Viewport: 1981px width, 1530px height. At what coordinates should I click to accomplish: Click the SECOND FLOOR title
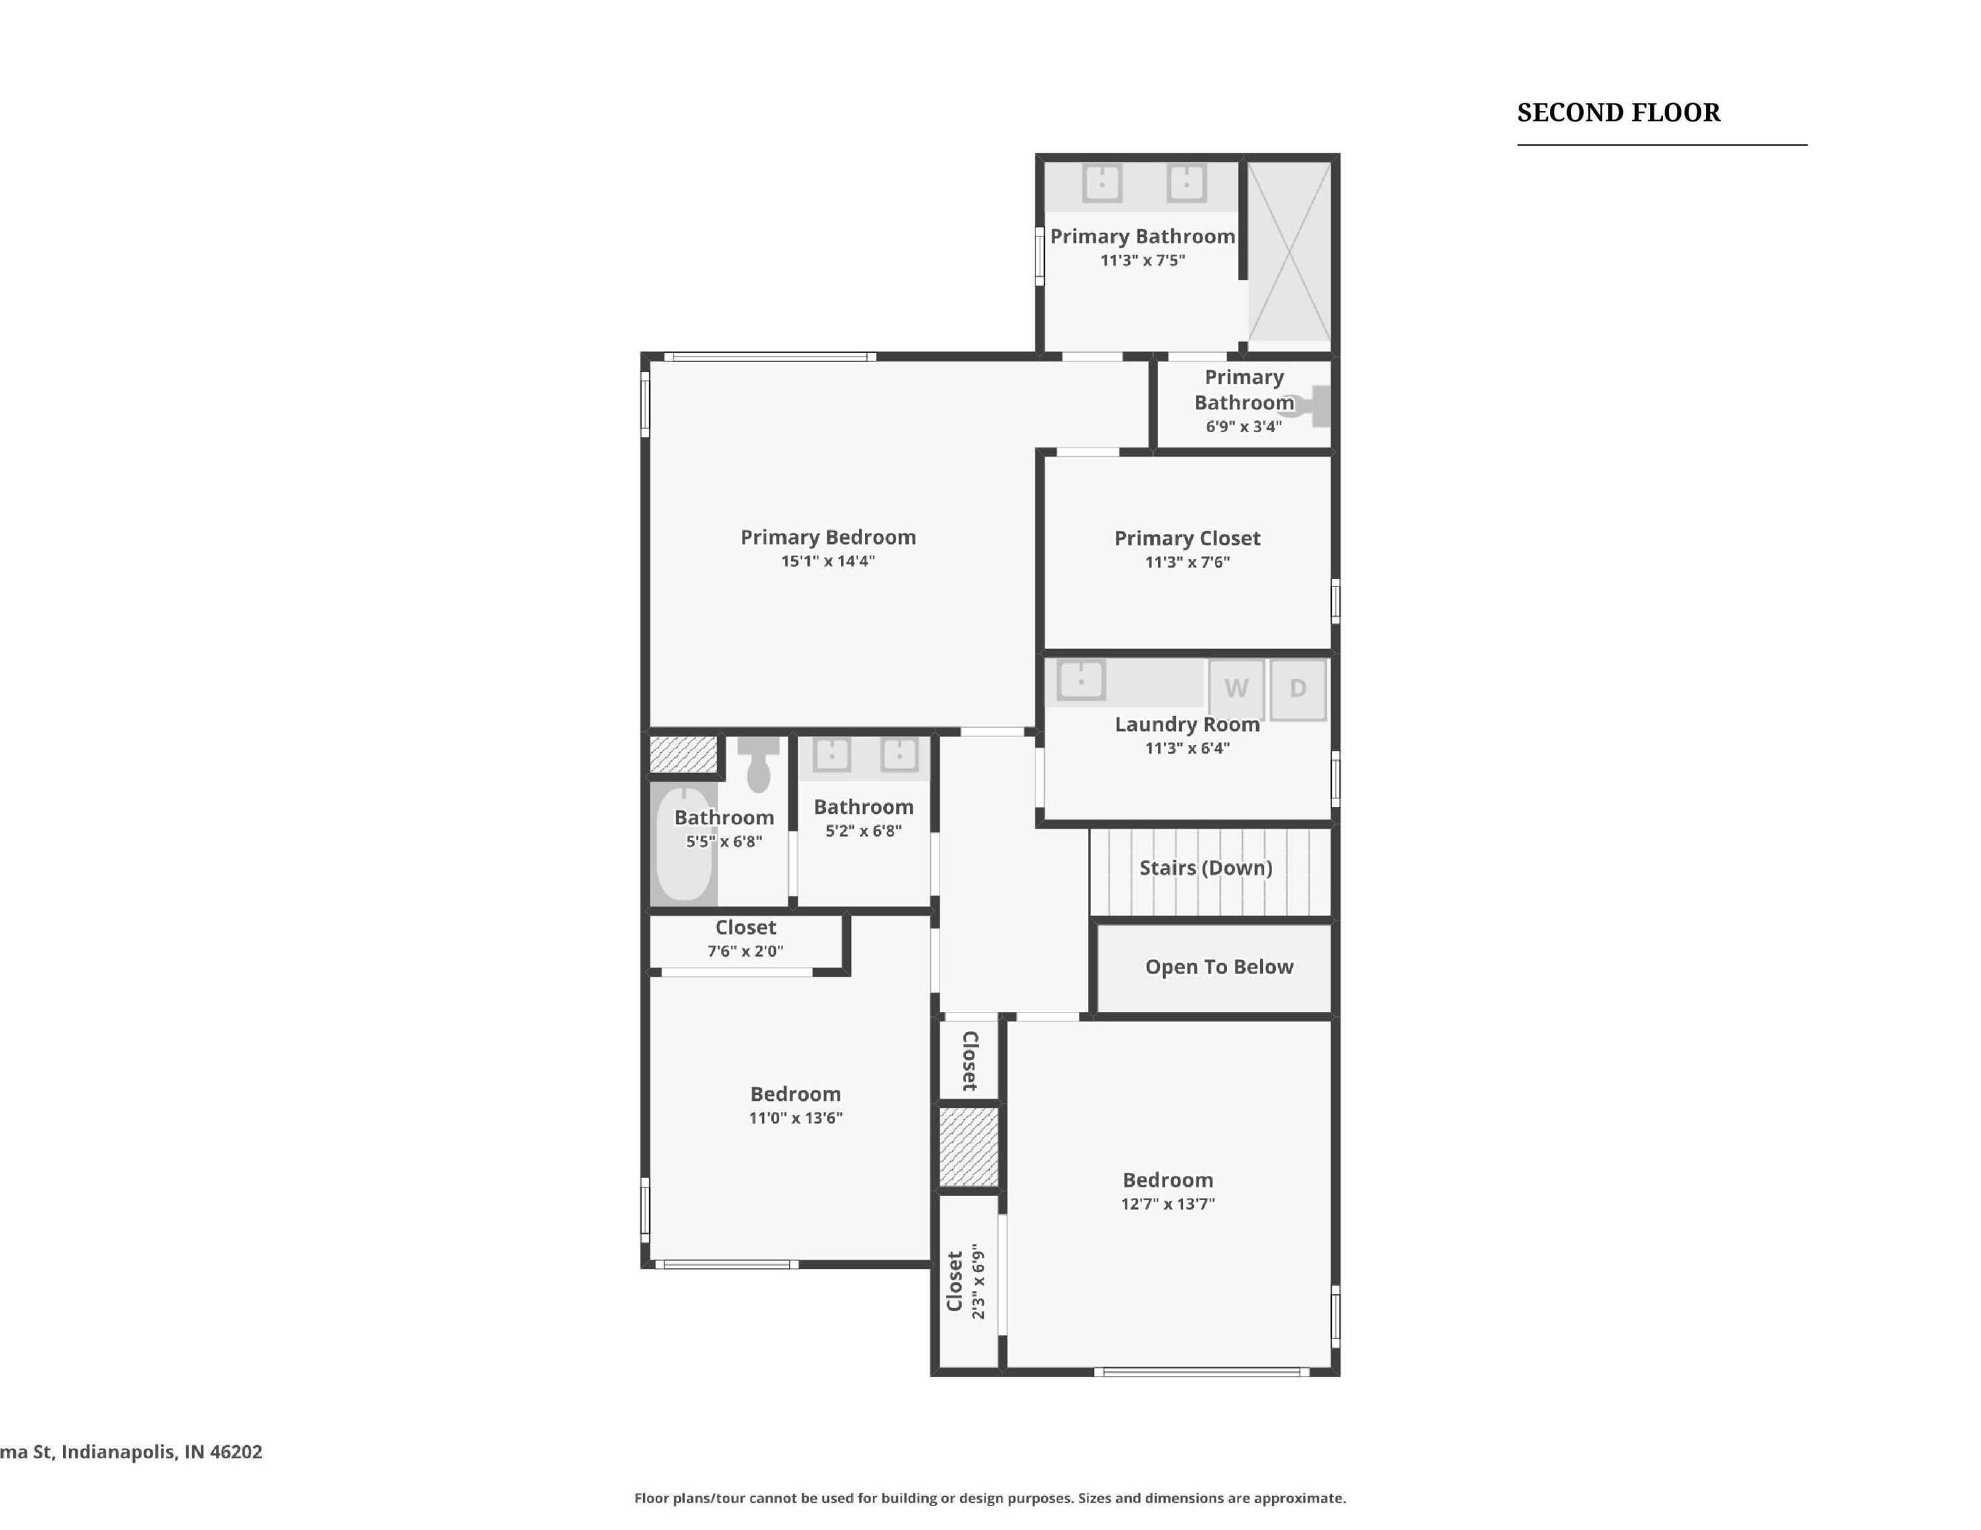click(1618, 112)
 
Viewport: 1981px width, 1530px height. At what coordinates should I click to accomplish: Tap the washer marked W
click(1236, 689)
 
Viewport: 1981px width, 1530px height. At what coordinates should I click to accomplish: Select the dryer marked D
click(1298, 689)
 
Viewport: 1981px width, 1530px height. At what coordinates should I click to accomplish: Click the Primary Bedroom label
click(828, 537)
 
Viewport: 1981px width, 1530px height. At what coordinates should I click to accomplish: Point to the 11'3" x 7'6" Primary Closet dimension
click(1187, 562)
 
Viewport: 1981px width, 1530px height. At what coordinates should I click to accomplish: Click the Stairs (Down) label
click(1206, 868)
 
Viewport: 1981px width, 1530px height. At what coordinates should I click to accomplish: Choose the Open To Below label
click(1219, 967)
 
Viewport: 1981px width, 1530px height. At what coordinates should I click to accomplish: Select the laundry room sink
click(1082, 680)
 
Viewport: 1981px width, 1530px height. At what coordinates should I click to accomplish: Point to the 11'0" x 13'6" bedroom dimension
click(795, 1118)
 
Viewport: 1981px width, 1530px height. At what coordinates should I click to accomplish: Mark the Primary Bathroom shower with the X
click(1289, 252)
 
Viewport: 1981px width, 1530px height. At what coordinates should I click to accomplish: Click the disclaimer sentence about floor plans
click(990, 1498)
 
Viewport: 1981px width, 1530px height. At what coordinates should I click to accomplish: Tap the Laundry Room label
click(1187, 724)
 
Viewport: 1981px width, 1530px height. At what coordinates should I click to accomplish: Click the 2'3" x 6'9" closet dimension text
click(978, 1280)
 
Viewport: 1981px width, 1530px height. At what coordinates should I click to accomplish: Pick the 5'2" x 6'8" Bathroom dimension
click(864, 831)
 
